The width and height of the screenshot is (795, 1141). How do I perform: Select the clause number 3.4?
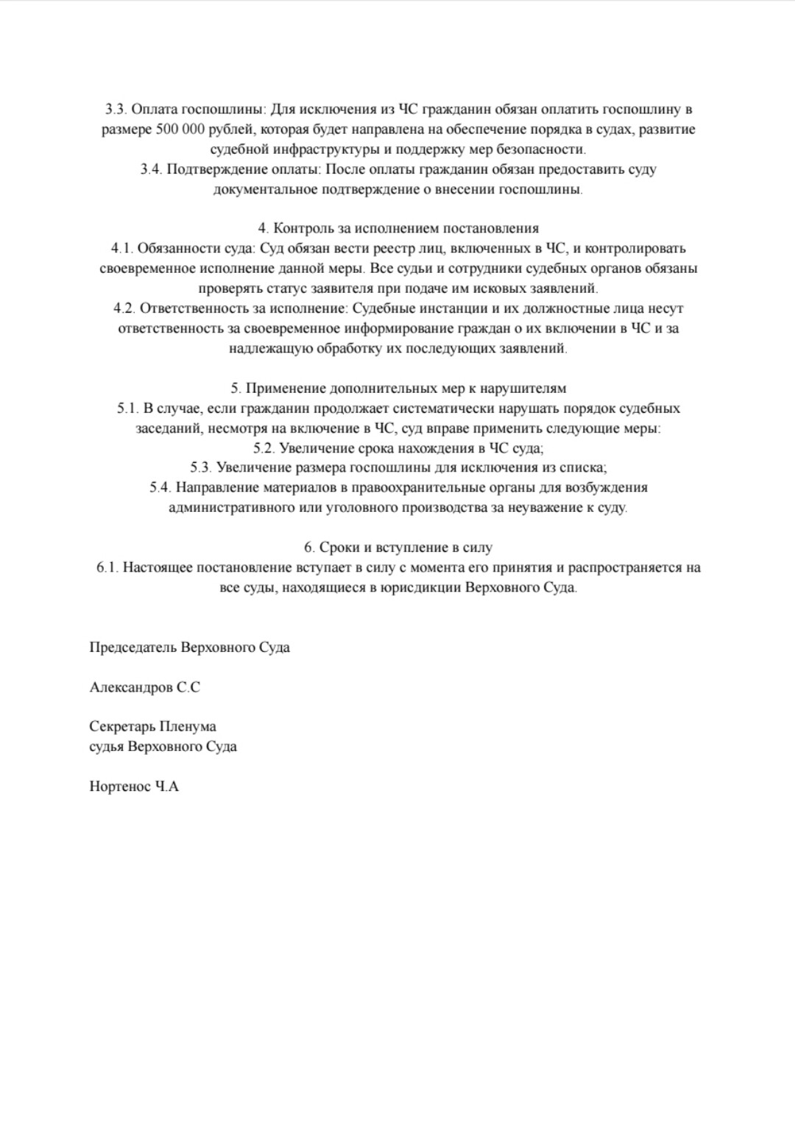click(x=151, y=170)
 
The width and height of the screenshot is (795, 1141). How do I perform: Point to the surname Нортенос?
click(x=120, y=787)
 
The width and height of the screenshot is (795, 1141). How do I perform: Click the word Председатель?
click(x=133, y=648)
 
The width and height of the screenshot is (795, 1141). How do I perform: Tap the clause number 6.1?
click(x=107, y=568)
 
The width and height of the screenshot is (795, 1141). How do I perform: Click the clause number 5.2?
click(x=264, y=448)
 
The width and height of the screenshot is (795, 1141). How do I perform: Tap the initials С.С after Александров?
click(x=188, y=688)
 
